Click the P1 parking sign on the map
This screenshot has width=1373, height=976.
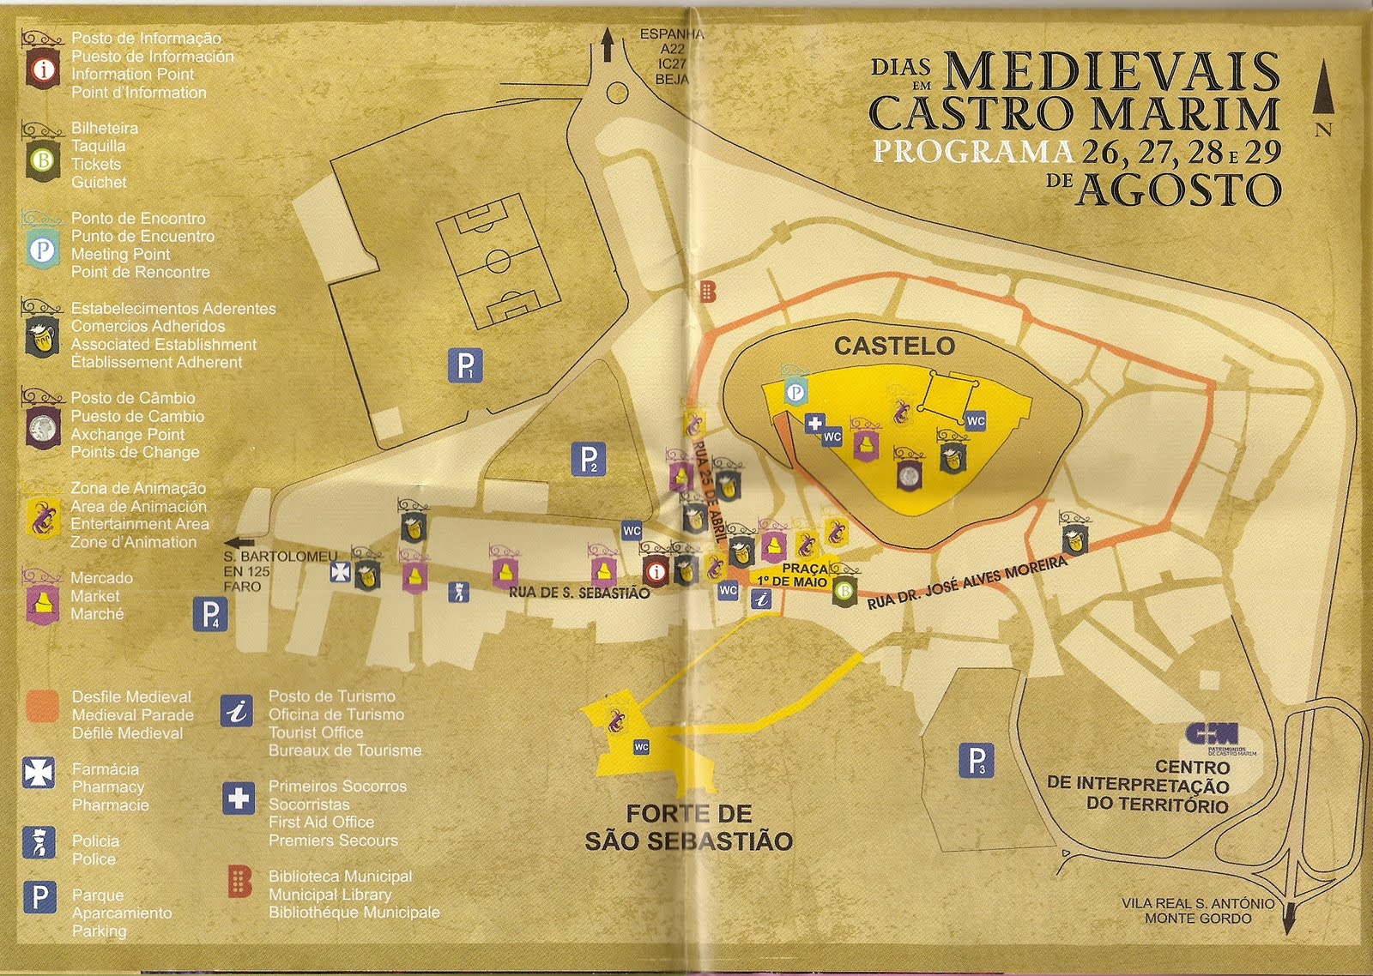point(465,366)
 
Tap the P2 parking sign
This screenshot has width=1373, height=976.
point(589,460)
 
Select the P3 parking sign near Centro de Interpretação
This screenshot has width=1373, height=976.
point(977,761)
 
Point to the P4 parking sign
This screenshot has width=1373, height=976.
point(210,614)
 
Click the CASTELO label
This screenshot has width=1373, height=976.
point(894,346)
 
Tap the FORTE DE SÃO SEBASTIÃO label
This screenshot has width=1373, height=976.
point(689,828)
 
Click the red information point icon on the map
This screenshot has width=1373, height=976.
point(656,571)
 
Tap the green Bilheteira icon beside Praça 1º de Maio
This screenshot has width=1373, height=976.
point(844,591)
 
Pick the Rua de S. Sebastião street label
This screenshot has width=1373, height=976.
point(579,593)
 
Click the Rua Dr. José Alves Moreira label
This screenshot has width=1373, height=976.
point(967,582)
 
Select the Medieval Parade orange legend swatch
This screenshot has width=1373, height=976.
point(42,707)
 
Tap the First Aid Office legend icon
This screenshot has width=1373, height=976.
point(238,798)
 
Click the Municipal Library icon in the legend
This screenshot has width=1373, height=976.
point(239,882)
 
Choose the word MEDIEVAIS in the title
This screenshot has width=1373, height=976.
point(1113,72)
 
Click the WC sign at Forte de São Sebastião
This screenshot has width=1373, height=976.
point(642,748)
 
